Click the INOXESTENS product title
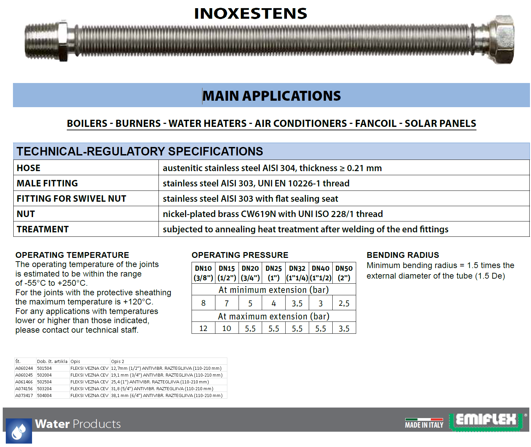pyautogui.click(x=251, y=14)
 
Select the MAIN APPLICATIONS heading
pyautogui.click(x=272, y=96)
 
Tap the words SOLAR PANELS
pyautogui.click(x=440, y=123)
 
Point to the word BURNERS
pyautogui.click(x=138, y=123)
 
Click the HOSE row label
pyautogui.click(x=29, y=168)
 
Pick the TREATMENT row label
pyautogui.click(x=43, y=229)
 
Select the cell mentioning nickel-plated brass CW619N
pyautogui.click(x=273, y=214)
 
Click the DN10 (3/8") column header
pyautogui.click(x=203, y=273)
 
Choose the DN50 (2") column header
pyautogui.click(x=344, y=273)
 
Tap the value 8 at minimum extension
pyautogui.click(x=203, y=303)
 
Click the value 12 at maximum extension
pyautogui.click(x=203, y=329)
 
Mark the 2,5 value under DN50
pyautogui.click(x=344, y=303)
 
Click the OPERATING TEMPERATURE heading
pyautogui.click(x=72, y=255)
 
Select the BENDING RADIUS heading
pyautogui.click(x=403, y=255)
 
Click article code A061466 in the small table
pyautogui.click(x=24, y=382)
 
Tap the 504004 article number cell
pyautogui.click(x=44, y=396)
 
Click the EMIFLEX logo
pyautogui.click(x=486, y=420)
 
